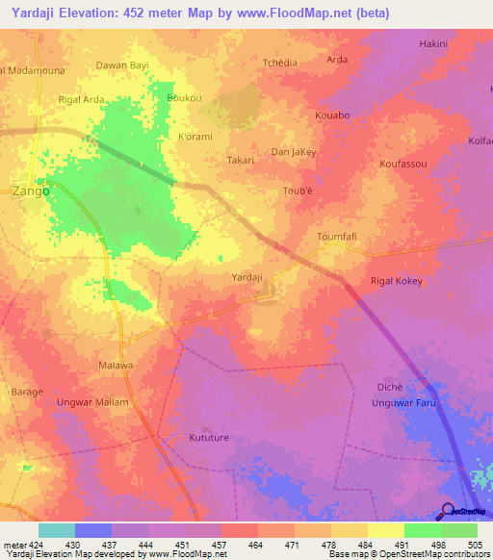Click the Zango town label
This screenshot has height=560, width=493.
point(32,191)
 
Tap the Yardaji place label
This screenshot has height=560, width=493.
point(247,277)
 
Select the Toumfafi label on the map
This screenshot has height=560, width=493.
point(337,236)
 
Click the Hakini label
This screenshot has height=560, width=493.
point(434,44)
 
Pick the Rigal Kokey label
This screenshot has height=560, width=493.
point(397,281)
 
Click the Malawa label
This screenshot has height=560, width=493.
point(116,366)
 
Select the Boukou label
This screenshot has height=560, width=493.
point(184,99)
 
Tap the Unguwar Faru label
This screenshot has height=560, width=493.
point(404,403)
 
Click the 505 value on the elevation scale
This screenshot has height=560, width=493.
point(475,547)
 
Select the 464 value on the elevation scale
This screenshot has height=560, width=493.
point(254,547)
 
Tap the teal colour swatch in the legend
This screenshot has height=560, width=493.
point(56,530)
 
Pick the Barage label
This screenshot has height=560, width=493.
point(26,392)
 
